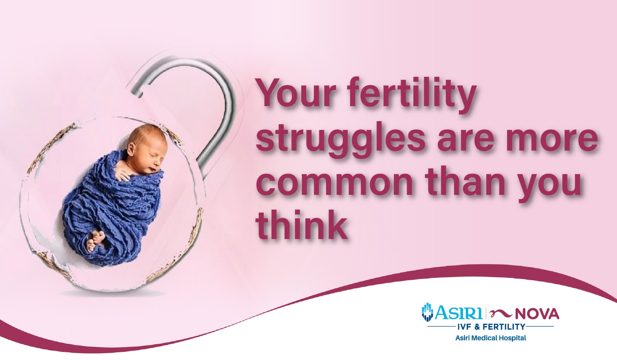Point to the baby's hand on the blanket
(122, 174)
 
